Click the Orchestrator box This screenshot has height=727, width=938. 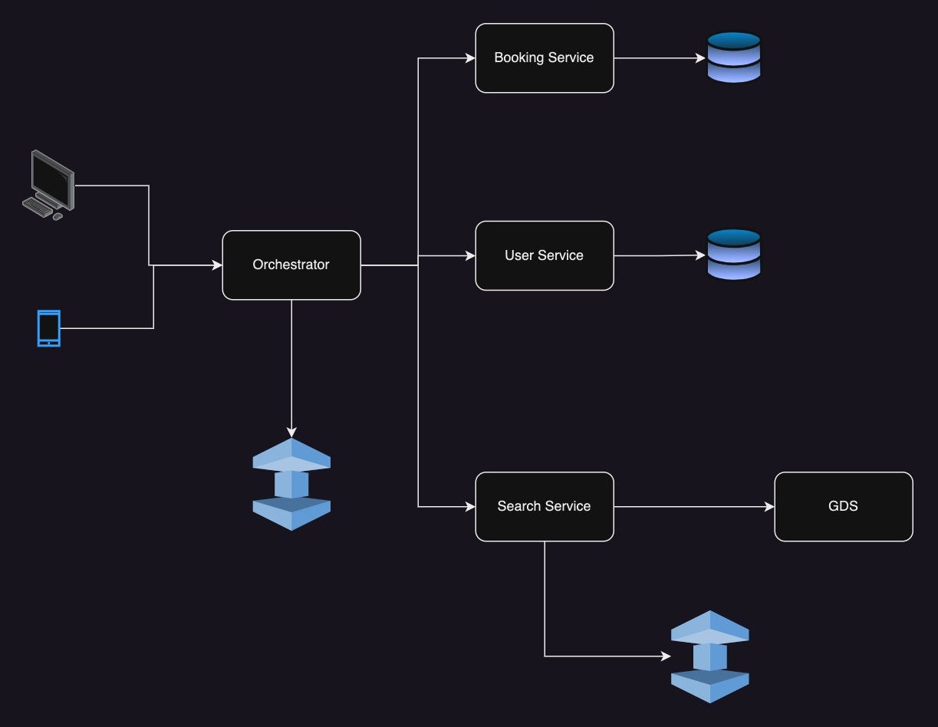291,265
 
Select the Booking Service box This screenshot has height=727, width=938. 544,58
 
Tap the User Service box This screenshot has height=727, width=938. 544,255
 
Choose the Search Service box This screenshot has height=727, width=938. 544,506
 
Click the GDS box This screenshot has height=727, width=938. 843,506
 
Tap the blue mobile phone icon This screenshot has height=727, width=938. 48,328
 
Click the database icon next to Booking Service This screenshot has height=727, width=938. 733,58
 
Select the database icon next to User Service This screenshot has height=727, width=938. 733,255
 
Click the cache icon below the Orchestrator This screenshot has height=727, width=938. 291,484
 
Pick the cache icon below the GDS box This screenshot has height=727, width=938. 709,656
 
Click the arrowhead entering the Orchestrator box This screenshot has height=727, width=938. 216,265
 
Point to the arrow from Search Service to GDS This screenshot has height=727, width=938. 690,506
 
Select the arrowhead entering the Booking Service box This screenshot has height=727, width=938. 469,58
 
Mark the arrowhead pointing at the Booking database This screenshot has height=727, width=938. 699,58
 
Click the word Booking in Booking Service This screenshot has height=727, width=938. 517,58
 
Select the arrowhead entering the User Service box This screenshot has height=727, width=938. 469,255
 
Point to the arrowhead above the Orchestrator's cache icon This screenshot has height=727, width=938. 291,433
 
